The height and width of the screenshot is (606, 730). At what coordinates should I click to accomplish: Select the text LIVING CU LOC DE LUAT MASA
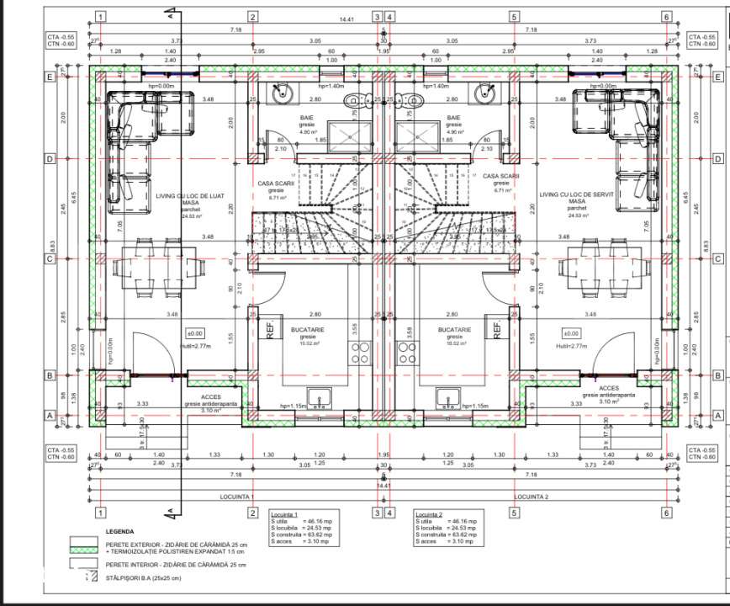188,199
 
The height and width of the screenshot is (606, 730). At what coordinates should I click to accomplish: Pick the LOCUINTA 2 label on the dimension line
531,497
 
